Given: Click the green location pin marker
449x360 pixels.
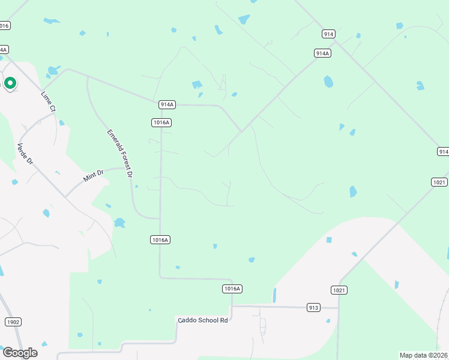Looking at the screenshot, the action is pos(10,83).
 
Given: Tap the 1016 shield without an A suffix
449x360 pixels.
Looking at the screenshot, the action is pos(4,25).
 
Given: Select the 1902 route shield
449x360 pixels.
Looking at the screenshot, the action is pos(13,322).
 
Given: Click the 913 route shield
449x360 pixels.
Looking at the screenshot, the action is pos(313,307).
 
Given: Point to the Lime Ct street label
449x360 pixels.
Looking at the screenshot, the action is pos(48,101).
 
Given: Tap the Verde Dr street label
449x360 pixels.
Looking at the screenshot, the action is pos(24,155).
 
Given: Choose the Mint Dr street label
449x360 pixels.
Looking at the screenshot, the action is pos(94,175).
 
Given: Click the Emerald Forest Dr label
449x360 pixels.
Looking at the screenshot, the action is pos(119,152).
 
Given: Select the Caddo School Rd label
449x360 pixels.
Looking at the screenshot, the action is pos(203,320).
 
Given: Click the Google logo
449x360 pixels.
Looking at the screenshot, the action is pos(20,352).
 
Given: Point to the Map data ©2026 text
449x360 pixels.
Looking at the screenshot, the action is pos(423,355).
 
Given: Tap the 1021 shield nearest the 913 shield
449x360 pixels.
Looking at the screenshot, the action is pos(339,290).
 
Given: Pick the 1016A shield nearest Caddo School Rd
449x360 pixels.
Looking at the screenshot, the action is pos(232,289).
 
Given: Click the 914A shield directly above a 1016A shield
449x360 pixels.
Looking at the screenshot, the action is pos(167,104).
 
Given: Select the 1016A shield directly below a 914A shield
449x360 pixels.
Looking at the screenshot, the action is pos(161,122).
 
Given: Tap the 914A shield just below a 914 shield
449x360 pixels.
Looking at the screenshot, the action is pos(322,53).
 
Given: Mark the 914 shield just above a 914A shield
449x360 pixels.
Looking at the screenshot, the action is pos(328,34).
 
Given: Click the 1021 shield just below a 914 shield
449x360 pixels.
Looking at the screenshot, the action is pos(439,182).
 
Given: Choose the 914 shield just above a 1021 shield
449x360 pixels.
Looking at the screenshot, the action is pos(443,152).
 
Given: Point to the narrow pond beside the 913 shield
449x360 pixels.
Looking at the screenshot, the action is pos(275,295).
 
